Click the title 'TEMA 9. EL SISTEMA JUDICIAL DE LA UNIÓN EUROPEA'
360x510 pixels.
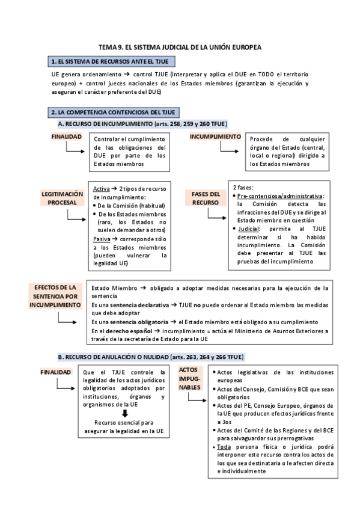coord(180,46)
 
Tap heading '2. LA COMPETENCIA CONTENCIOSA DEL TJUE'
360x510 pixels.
coord(113,112)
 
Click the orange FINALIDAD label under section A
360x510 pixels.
coord(66,137)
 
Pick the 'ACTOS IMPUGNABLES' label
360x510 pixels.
coord(192,379)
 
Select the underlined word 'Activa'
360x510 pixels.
coord(101,189)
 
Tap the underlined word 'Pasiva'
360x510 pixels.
coord(101,239)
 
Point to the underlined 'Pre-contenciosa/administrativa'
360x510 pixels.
coord(280,196)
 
